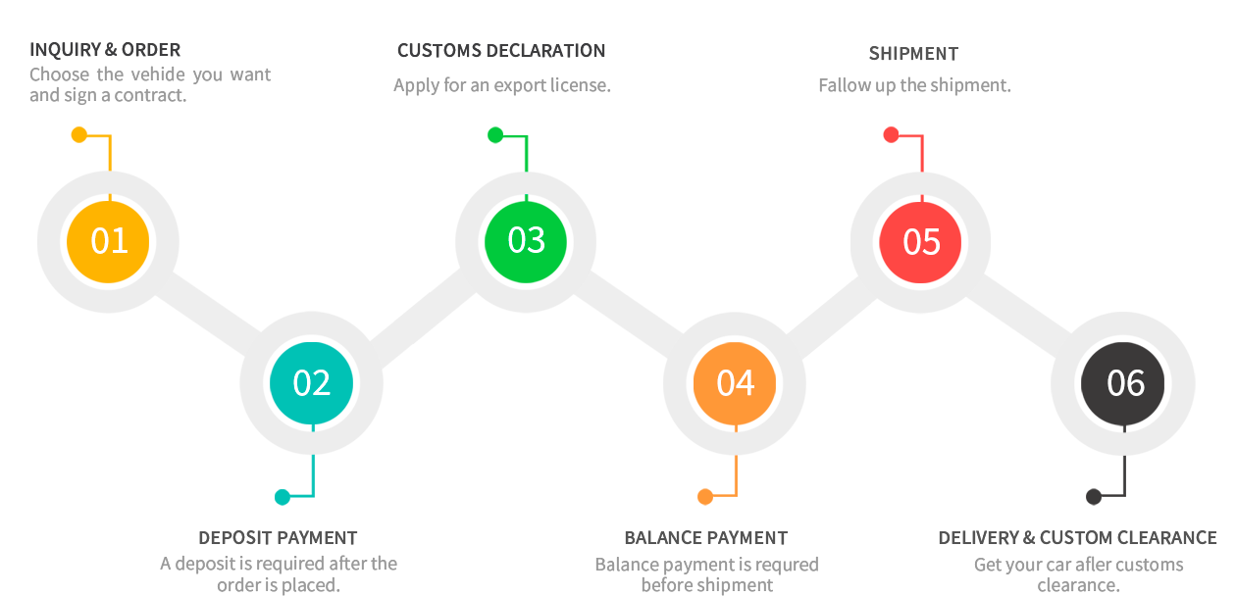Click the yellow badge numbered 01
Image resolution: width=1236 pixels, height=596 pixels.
(x=108, y=241)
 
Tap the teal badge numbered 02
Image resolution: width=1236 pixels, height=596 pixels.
(x=311, y=383)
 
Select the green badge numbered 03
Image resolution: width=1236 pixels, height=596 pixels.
(x=526, y=241)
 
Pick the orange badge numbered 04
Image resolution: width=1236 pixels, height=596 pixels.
(x=735, y=383)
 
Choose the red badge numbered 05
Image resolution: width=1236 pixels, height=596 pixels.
(x=920, y=242)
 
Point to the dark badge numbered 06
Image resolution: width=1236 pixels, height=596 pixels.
(x=1124, y=383)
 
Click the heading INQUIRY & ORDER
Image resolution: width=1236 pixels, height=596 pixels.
(x=105, y=50)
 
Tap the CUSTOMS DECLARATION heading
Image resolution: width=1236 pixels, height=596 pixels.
(x=501, y=51)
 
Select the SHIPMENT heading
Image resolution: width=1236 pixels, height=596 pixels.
(x=913, y=54)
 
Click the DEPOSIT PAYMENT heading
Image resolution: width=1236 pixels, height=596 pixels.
(x=278, y=538)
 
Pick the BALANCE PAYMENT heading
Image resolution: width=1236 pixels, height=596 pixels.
(x=706, y=538)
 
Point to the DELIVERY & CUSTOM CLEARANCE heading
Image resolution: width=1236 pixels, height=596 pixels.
(x=1077, y=538)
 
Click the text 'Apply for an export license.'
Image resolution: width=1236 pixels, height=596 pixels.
(x=501, y=86)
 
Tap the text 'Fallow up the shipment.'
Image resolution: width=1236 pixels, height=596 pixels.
(x=914, y=86)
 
